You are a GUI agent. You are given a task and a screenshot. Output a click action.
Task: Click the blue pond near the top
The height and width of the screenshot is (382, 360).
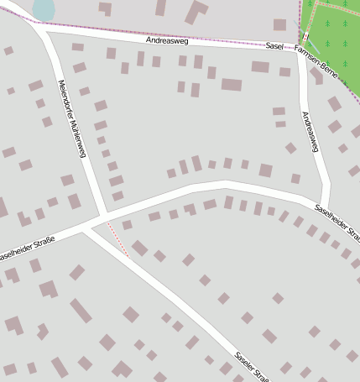coord(43,9)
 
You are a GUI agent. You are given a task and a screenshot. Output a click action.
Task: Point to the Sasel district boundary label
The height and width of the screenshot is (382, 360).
coord(274,46)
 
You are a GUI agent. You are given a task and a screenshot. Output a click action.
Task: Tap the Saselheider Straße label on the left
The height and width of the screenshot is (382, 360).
coord(27,249)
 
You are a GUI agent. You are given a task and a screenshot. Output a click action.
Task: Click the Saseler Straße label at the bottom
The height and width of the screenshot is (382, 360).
coord(252,366)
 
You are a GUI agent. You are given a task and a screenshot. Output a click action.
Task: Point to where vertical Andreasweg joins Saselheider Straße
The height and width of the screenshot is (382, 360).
coord(323,201)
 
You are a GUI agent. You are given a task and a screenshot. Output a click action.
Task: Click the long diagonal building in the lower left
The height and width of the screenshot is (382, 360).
coord(81,311)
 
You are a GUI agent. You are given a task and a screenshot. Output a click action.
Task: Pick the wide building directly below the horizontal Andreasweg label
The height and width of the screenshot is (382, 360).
coord(231,84)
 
